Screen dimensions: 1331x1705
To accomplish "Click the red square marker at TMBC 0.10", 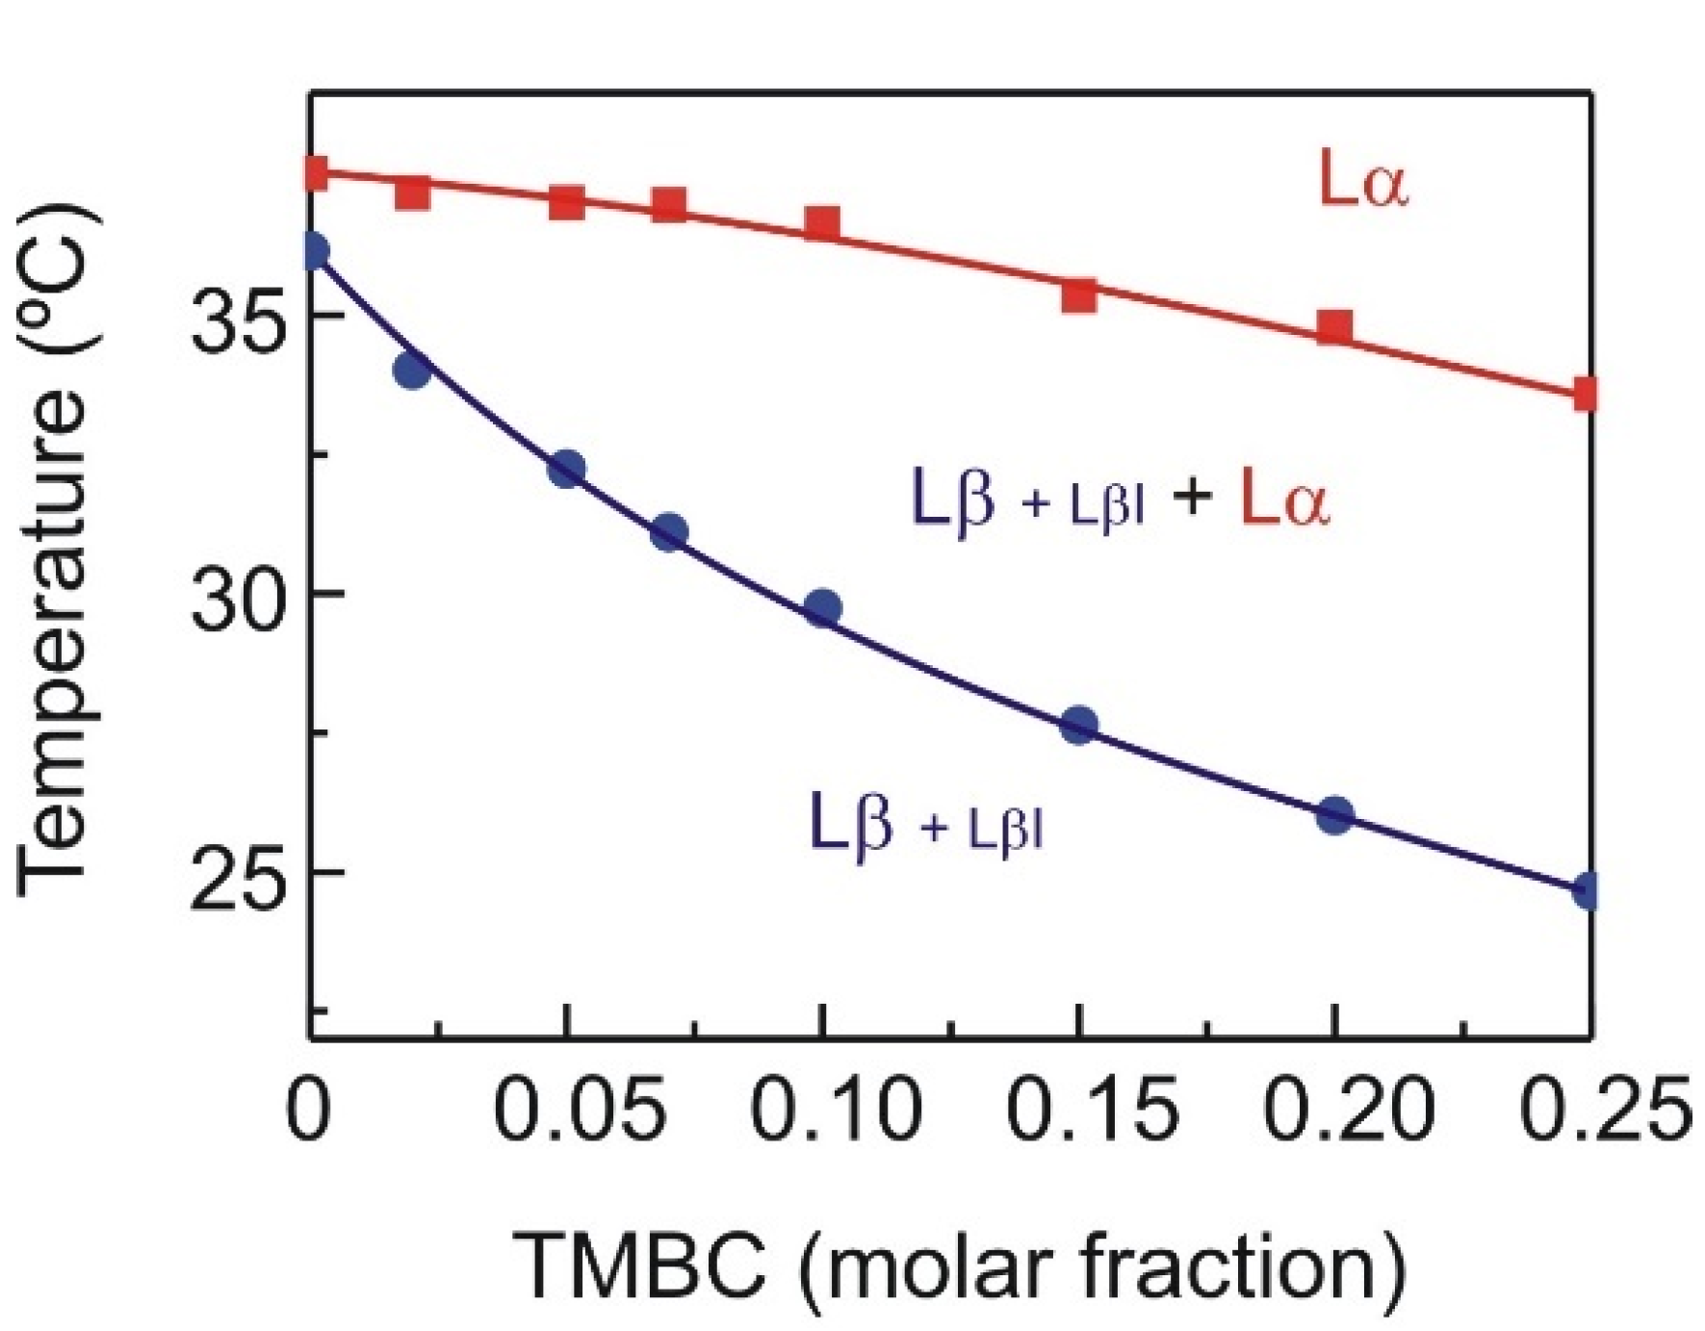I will pyautogui.click(x=822, y=223).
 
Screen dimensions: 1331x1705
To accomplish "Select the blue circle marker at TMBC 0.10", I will pyautogui.click(x=822, y=607).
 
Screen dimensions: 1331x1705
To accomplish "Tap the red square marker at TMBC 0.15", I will pyautogui.click(x=1079, y=295).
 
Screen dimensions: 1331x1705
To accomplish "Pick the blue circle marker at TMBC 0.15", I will pyautogui.click(x=1078, y=725).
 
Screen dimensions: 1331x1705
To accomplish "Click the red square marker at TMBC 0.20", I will pyautogui.click(x=1334, y=327).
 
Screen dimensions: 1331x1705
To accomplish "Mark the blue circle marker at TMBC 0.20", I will pyautogui.click(x=1334, y=815).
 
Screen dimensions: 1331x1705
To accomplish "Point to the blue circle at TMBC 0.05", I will pyautogui.click(x=567, y=469).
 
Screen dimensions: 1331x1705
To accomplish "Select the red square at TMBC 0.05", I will pyautogui.click(x=567, y=202).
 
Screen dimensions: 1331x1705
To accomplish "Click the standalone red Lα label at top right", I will pyautogui.click(x=1361, y=183).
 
